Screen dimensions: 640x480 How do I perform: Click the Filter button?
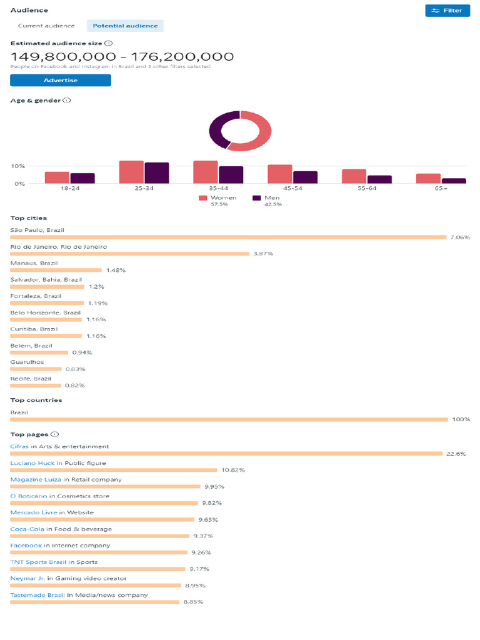[447, 11]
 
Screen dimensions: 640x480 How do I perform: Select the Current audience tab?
[46, 26]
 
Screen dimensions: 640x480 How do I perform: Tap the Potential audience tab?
[126, 26]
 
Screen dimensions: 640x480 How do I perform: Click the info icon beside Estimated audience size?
[109, 43]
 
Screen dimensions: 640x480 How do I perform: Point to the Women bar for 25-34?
[131, 172]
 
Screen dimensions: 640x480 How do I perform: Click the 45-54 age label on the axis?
[280, 188]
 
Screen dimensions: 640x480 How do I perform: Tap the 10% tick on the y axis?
[17, 166]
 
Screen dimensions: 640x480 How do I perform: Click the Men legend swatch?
[257, 198]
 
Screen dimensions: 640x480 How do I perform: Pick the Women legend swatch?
[203, 198]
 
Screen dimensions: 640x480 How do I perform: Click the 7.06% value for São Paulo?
[459, 237]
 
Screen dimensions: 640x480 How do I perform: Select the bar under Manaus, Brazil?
[56, 270]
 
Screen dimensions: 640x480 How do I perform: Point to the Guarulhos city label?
[27, 362]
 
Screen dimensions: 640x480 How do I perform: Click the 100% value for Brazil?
[461, 419]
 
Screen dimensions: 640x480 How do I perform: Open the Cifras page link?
[19, 447]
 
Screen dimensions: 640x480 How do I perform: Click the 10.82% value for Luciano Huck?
[232, 470]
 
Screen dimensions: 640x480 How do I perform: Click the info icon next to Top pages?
[55, 434]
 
